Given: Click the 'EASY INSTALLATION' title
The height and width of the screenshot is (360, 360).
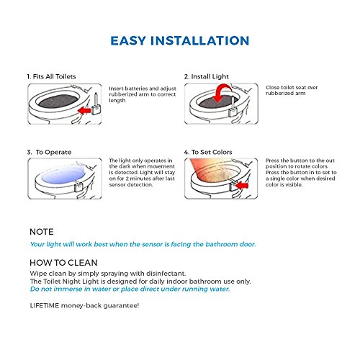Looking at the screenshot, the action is coord(180,40).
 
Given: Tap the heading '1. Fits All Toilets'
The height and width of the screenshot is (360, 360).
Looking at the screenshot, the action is coord(51,76).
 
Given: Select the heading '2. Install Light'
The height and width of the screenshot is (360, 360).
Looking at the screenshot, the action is coord(207,76).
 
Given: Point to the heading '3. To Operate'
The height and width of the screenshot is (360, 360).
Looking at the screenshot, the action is coord(49,152).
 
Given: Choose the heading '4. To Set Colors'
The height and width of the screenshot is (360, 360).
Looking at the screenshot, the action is coord(208,152).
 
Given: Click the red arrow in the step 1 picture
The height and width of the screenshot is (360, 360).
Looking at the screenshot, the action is coord(84,111).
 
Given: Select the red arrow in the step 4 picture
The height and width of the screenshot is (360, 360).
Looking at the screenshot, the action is coord(242,185).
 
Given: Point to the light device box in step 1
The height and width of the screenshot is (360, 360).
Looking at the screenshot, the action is coord(96,110).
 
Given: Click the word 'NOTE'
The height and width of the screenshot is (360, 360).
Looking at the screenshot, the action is coord(42,232).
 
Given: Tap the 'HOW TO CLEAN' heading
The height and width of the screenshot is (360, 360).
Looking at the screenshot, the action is coord(63,263).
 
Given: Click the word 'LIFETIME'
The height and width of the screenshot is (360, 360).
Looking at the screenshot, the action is coord(45,305).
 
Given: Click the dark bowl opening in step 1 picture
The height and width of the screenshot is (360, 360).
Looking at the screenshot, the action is coord(59,102).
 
